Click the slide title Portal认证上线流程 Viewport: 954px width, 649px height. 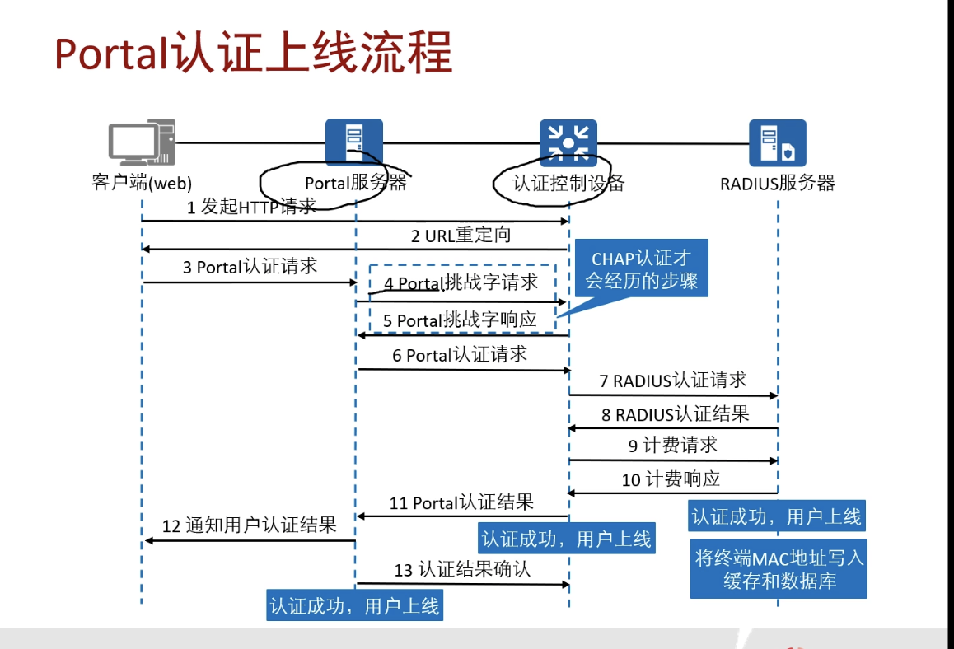click(x=254, y=54)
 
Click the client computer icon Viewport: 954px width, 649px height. click(x=143, y=143)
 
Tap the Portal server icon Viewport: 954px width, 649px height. click(x=354, y=142)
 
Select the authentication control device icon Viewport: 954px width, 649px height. click(x=568, y=142)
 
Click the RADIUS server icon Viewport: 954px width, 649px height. click(x=777, y=142)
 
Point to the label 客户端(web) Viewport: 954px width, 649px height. click(x=142, y=183)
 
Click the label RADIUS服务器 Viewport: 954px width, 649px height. click(x=777, y=183)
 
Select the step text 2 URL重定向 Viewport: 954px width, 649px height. click(x=461, y=236)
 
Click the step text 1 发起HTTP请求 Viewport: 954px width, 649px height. click(x=251, y=207)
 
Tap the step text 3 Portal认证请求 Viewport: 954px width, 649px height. click(x=250, y=267)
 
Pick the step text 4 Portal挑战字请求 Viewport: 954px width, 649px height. click(x=461, y=283)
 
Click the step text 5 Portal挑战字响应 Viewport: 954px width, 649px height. click(x=460, y=320)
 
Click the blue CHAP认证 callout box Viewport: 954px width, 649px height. click(x=641, y=271)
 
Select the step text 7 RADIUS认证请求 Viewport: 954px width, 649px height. click(x=672, y=380)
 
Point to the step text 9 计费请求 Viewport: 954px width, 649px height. click(x=672, y=445)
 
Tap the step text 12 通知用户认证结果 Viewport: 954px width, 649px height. click(x=249, y=525)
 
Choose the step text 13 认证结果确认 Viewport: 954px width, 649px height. click(x=462, y=569)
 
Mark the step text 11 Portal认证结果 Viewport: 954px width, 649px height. click(x=461, y=502)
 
